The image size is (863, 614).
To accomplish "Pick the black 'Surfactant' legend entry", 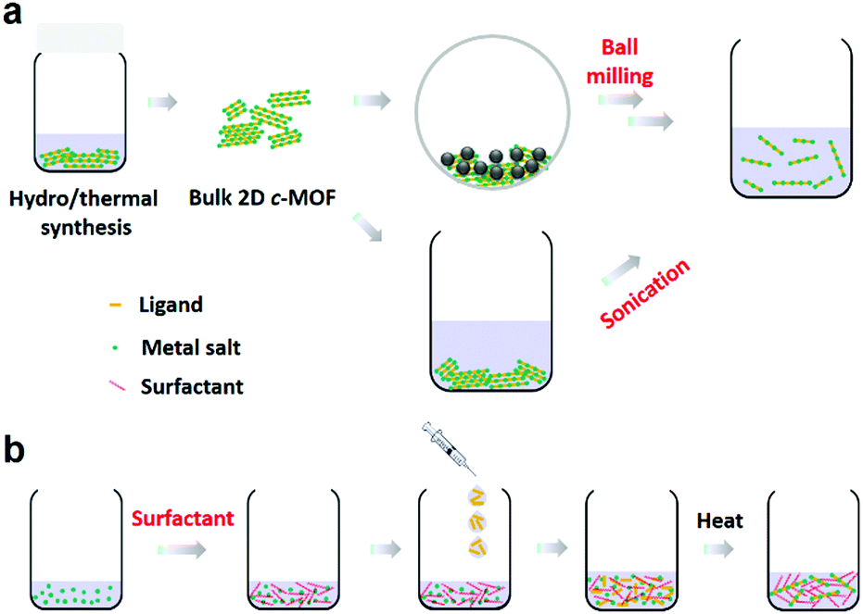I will (192, 386).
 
